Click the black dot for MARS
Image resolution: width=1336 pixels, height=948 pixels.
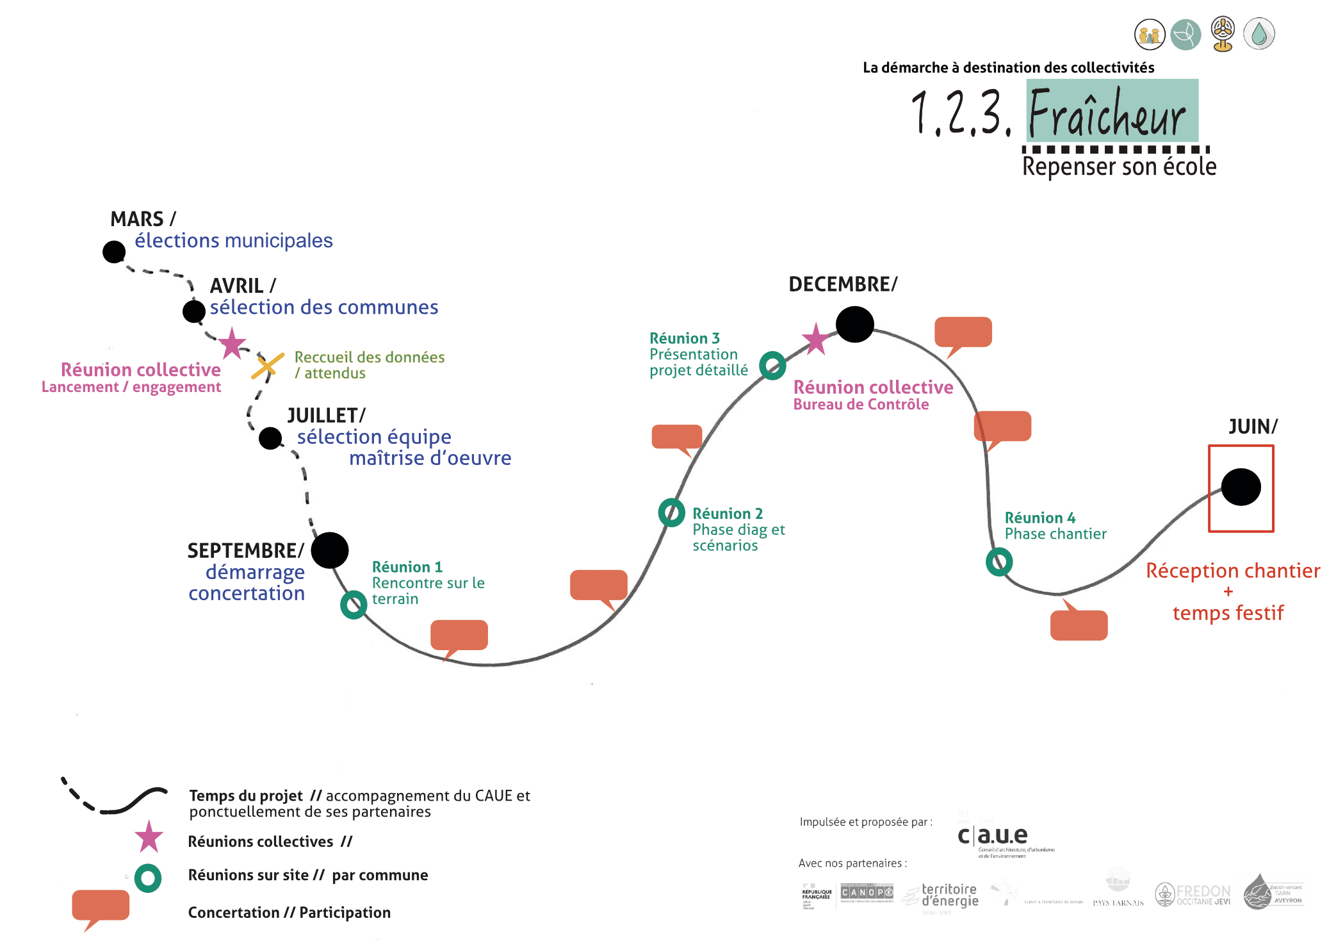tap(114, 252)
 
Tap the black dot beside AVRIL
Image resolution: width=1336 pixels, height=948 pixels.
tap(194, 311)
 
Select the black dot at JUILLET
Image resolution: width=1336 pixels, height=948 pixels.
tap(270, 438)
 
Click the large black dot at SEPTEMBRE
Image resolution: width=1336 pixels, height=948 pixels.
tap(330, 550)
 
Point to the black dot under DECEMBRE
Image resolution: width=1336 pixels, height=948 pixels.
tap(854, 324)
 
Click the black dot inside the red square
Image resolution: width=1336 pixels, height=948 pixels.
tap(1241, 487)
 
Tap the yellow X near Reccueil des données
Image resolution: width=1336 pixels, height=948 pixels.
tap(268, 365)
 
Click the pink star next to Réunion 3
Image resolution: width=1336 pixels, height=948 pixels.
tap(815, 339)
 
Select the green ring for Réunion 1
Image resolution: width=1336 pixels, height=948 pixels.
tap(354, 605)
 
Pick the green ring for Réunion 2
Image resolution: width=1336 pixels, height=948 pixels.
tap(672, 512)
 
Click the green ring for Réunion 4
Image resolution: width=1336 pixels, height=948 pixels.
tap(999, 562)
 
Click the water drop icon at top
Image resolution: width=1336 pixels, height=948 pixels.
tap(1259, 34)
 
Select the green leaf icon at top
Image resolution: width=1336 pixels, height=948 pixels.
tap(1185, 35)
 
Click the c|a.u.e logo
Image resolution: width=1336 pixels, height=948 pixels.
tap(993, 836)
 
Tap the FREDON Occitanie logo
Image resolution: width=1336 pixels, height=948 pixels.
tap(1193, 894)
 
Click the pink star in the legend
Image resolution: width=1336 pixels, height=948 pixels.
tap(149, 837)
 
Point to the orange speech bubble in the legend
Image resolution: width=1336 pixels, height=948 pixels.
tap(101, 906)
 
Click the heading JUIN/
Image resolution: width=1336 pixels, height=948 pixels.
tap(1253, 427)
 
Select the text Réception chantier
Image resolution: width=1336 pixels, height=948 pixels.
tap(1233, 571)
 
